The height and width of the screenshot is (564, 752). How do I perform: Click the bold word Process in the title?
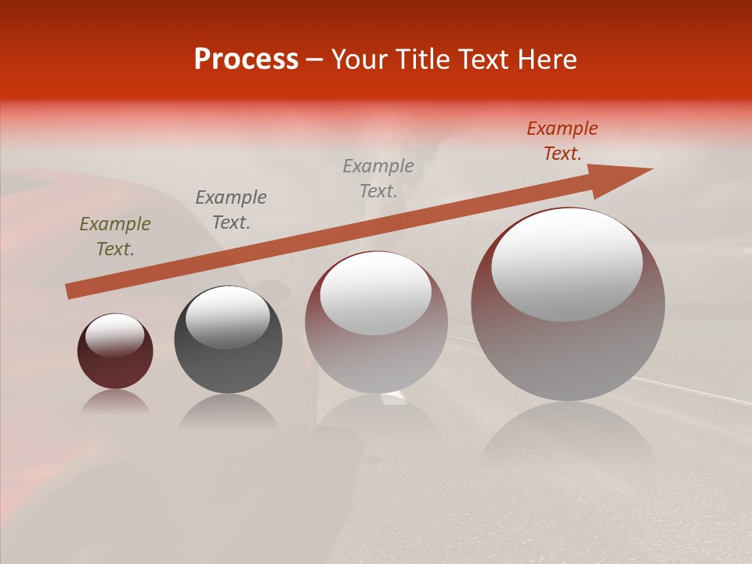pos(246,60)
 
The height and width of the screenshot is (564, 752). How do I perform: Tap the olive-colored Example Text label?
pos(115,237)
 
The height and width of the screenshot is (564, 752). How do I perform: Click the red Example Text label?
pos(562,141)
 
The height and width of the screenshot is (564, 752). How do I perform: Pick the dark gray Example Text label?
pos(231,210)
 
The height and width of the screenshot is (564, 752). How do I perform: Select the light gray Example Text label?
pos(378,179)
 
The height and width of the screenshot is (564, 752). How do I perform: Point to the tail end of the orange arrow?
pos(72,291)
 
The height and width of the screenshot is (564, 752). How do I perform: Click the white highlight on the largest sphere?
pos(566,264)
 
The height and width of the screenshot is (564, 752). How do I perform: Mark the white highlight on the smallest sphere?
pos(115,335)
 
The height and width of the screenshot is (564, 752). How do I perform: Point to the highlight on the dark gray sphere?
pos(228,316)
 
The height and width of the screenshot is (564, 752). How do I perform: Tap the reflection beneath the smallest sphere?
pos(115,403)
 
